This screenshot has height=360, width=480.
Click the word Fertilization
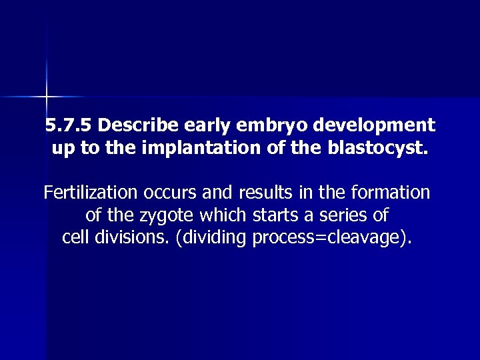coord(90,193)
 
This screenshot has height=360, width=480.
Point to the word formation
coord(389,193)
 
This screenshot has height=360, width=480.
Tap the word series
coord(347,216)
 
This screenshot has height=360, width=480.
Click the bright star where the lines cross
coord(47,97)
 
